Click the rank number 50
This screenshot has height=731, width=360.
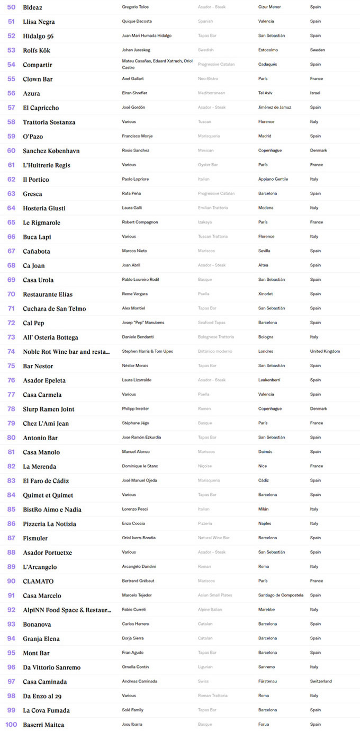point(11,7)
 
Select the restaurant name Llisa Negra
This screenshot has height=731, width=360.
point(39,22)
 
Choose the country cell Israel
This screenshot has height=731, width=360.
point(316,93)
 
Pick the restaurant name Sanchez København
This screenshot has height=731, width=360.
point(51,151)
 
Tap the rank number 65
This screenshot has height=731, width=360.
point(11,222)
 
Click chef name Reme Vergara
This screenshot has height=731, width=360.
point(134,294)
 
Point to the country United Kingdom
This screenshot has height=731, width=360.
point(325,351)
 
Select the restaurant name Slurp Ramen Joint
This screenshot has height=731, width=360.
point(49,409)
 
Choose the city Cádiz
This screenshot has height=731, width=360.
point(264,480)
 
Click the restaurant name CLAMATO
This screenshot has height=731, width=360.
point(38,581)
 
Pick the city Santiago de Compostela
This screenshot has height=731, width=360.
point(281,595)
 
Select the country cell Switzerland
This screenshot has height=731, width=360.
point(321,681)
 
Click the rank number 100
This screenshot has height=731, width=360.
point(11,725)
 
